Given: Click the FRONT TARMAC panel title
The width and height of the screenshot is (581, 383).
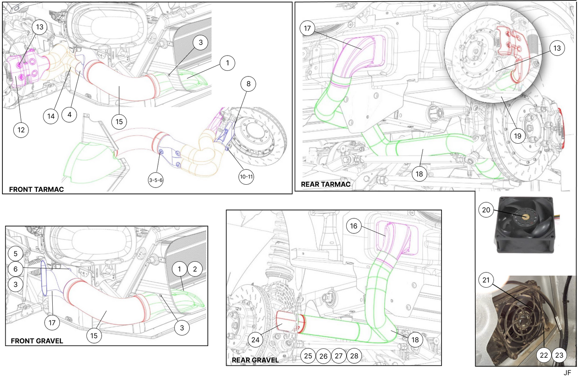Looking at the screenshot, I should click(36, 189).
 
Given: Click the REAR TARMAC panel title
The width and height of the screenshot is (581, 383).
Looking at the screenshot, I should click(326, 184).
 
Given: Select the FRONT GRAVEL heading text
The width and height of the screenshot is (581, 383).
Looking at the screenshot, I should click(37, 341).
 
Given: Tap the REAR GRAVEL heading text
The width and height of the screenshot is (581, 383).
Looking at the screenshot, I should click(255, 360).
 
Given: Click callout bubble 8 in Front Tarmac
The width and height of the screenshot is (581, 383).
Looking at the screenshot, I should click(248, 84).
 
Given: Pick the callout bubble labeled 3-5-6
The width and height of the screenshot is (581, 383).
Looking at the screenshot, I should click(156, 180).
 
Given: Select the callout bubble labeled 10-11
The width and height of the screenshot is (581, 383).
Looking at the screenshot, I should click(246, 177).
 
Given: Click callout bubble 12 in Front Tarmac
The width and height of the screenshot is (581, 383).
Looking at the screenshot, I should click(21, 130).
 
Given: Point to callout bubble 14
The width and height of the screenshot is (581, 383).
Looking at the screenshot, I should click(51, 116).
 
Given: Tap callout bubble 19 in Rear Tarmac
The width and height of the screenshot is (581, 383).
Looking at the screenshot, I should click(517, 136).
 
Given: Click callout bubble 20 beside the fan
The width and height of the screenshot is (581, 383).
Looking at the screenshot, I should click(486, 210).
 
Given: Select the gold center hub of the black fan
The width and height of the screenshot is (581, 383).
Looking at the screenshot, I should click(525, 216).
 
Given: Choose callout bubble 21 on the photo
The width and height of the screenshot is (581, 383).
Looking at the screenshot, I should click(486, 280).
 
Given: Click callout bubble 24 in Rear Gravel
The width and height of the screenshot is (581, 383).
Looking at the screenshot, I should click(255, 340).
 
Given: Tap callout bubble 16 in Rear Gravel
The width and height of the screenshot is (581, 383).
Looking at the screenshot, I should click(353, 226).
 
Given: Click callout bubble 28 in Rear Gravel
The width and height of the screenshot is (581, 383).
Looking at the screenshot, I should click(354, 356).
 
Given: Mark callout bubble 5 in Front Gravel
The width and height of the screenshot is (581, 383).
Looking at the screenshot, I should click(16, 253).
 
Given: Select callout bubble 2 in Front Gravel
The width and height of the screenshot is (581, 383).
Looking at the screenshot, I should click(195, 269).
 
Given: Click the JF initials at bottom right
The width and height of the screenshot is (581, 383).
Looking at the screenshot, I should click(567, 373).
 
